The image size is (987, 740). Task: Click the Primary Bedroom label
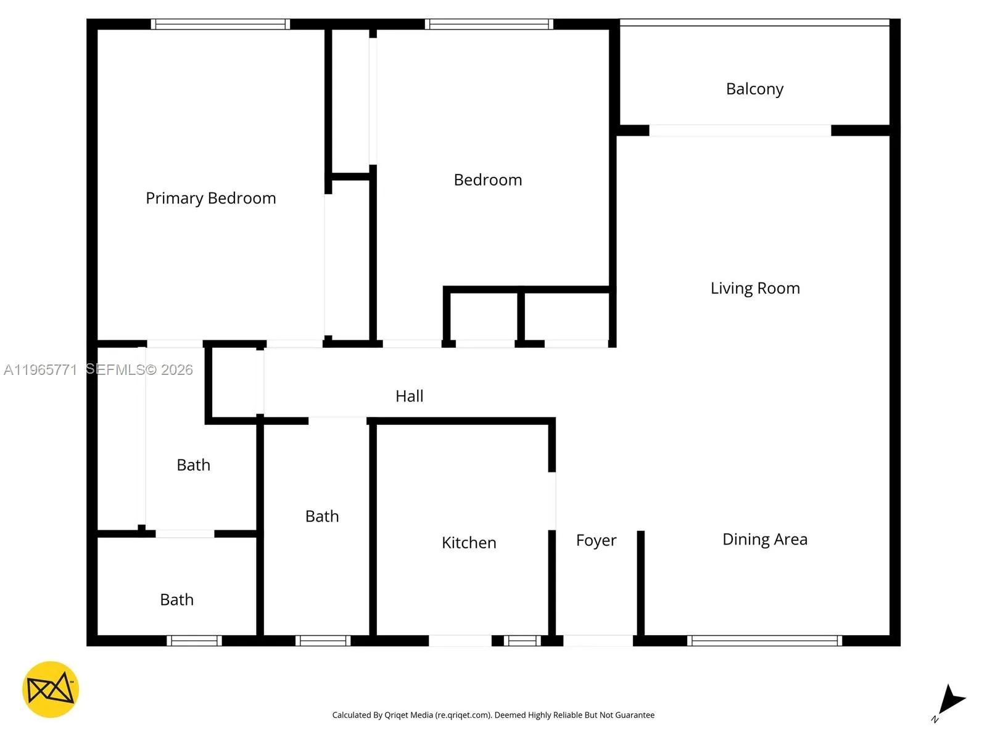pos(210,198)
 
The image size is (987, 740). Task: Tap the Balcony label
pos(754,89)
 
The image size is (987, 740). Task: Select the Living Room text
pos(755,288)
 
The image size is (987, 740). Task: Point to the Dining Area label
pos(765,540)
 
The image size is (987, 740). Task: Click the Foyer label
pos(596,540)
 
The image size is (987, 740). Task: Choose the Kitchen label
pos(469,543)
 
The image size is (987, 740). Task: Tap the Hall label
pos(409,396)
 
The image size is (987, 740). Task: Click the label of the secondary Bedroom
pos(488,180)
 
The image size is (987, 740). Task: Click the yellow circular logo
pos(51,689)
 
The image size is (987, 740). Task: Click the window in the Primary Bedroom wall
pos(220,24)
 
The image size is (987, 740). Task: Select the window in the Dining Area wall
pos(764,641)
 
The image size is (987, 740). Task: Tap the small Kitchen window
pos(522,641)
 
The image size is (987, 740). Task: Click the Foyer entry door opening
pos(598,641)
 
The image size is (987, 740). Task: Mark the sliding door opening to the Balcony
pos(740,130)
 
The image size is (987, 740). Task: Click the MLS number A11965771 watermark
pos(40,370)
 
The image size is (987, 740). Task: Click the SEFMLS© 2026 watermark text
pos(139,370)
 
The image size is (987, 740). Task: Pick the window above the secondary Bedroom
pos(489,24)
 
